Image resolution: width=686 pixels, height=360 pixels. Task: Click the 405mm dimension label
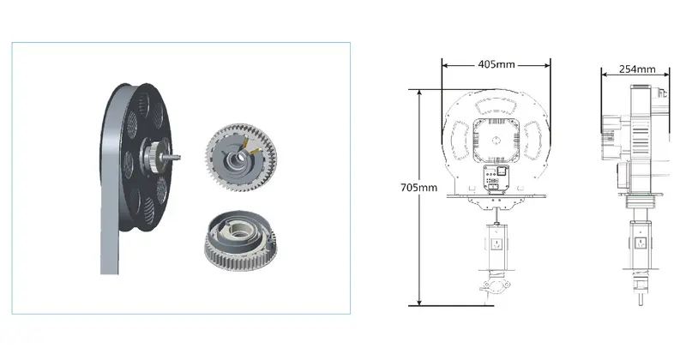(496, 64)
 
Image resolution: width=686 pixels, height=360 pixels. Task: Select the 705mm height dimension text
(418, 188)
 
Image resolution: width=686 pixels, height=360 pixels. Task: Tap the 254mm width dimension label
(637, 69)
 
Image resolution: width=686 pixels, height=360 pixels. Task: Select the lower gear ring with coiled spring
(240, 240)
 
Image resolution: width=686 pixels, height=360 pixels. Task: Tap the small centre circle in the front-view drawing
(496, 141)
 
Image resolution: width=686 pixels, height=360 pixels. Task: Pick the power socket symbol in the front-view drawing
(496, 243)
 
